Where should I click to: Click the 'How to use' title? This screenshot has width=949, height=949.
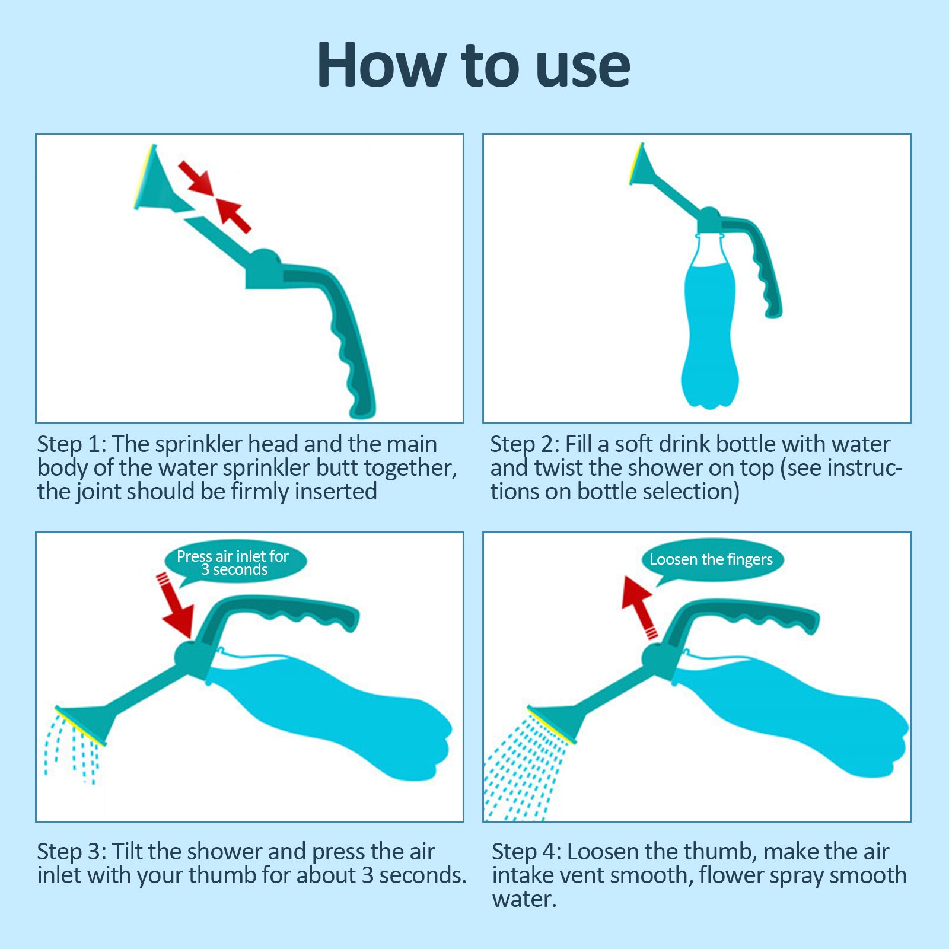coord(473,65)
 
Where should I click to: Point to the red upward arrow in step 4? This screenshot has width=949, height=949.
coord(639,605)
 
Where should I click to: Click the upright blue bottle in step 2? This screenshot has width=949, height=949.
coord(710,332)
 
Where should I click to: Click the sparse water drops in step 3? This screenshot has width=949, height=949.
coord(71,747)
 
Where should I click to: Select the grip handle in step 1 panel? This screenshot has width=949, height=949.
coord(350,344)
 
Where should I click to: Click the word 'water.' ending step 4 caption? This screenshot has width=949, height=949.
coord(524,900)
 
